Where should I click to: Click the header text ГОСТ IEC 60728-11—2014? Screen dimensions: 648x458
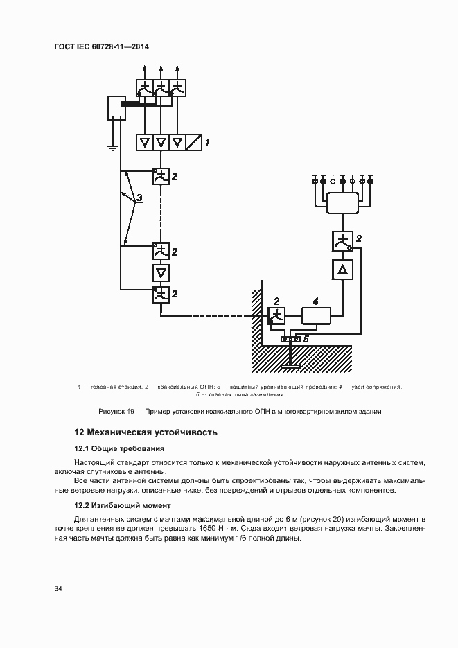101,47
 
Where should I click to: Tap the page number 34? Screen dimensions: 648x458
58,588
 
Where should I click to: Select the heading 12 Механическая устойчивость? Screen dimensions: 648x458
146,432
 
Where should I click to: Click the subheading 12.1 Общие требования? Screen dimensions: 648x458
114,448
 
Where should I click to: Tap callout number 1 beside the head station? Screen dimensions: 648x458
206,142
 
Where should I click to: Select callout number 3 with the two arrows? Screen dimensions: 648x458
139,199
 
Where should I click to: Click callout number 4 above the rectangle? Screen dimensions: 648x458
315,301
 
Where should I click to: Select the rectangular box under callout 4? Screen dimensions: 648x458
316,316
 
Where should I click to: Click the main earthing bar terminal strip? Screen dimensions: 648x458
290,339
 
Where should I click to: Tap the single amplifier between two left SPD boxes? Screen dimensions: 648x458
161,272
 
